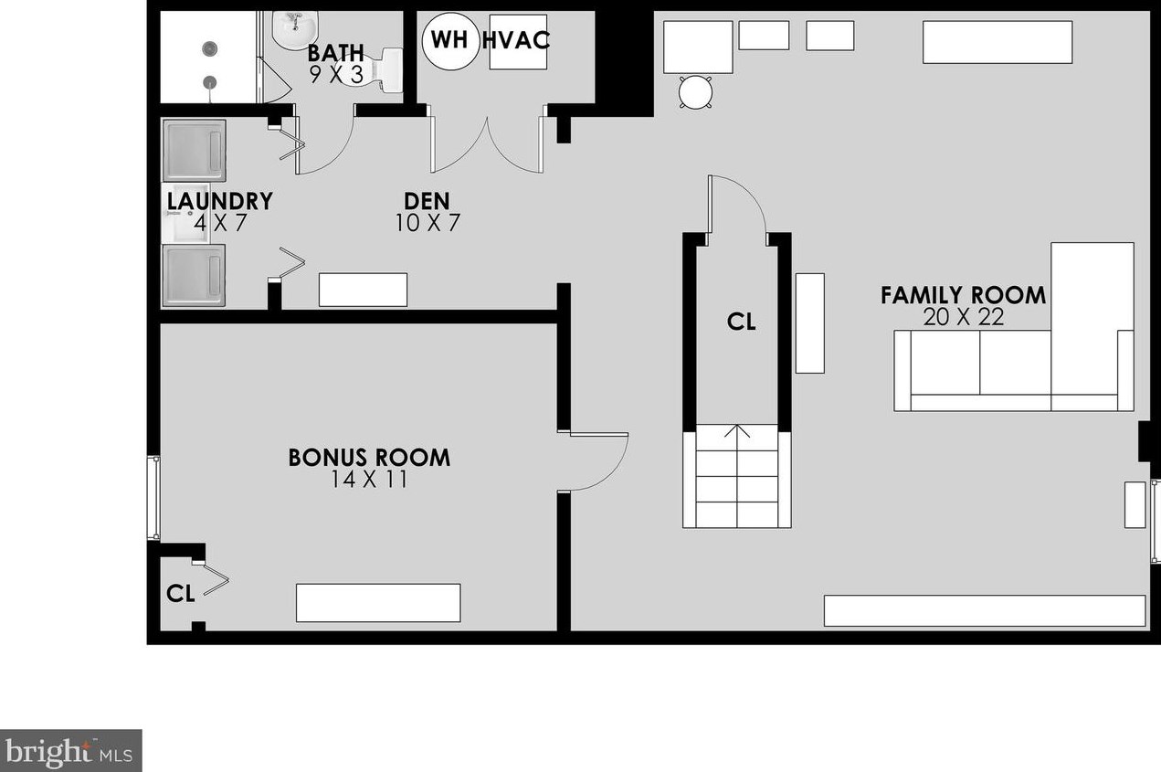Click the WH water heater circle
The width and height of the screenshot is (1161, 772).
pyautogui.click(x=449, y=41)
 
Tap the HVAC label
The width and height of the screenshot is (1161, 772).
pyautogui.click(x=516, y=40)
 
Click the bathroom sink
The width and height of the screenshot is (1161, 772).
pyautogui.click(x=294, y=29)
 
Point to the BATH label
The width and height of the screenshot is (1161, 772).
pyautogui.click(x=336, y=53)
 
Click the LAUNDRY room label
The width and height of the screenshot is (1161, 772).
pyautogui.click(x=220, y=201)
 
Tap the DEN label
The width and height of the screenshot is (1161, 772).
pyautogui.click(x=427, y=201)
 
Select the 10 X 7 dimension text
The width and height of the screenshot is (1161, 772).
pyautogui.click(x=427, y=223)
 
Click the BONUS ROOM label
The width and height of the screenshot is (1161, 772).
pyautogui.click(x=369, y=458)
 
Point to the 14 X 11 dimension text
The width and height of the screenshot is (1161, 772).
pyautogui.click(x=369, y=480)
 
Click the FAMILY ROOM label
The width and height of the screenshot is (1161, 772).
pyautogui.click(x=963, y=295)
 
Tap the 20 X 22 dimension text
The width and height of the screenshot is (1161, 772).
pyautogui.click(x=963, y=317)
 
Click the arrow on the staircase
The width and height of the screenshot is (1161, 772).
pyautogui.click(x=737, y=431)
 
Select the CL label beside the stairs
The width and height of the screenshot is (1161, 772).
pyautogui.click(x=741, y=322)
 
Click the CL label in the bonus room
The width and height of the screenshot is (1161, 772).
pyautogui.click(x=180, y=594)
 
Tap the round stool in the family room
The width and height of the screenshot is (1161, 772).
pyautogui.click(x=695, y=92)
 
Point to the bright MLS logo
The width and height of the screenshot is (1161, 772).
pyautogui.click(x=70, y=751)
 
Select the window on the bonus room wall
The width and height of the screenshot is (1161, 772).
pyautogui.click(x=154, y=498)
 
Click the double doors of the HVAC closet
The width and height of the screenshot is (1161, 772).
pyautogui.click(x=488, y=145)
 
